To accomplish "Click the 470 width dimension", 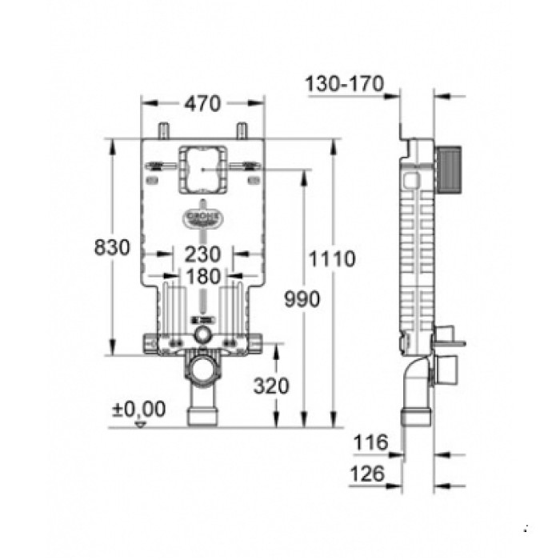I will [x=203, y=103].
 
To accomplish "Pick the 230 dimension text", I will [x=203, y=254].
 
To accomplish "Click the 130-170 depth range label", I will [x=346, y=83].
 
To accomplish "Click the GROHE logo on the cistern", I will [x=202, y=218].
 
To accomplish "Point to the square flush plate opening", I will [x=202, y=170].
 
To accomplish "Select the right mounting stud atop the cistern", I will [x=241, y=130].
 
